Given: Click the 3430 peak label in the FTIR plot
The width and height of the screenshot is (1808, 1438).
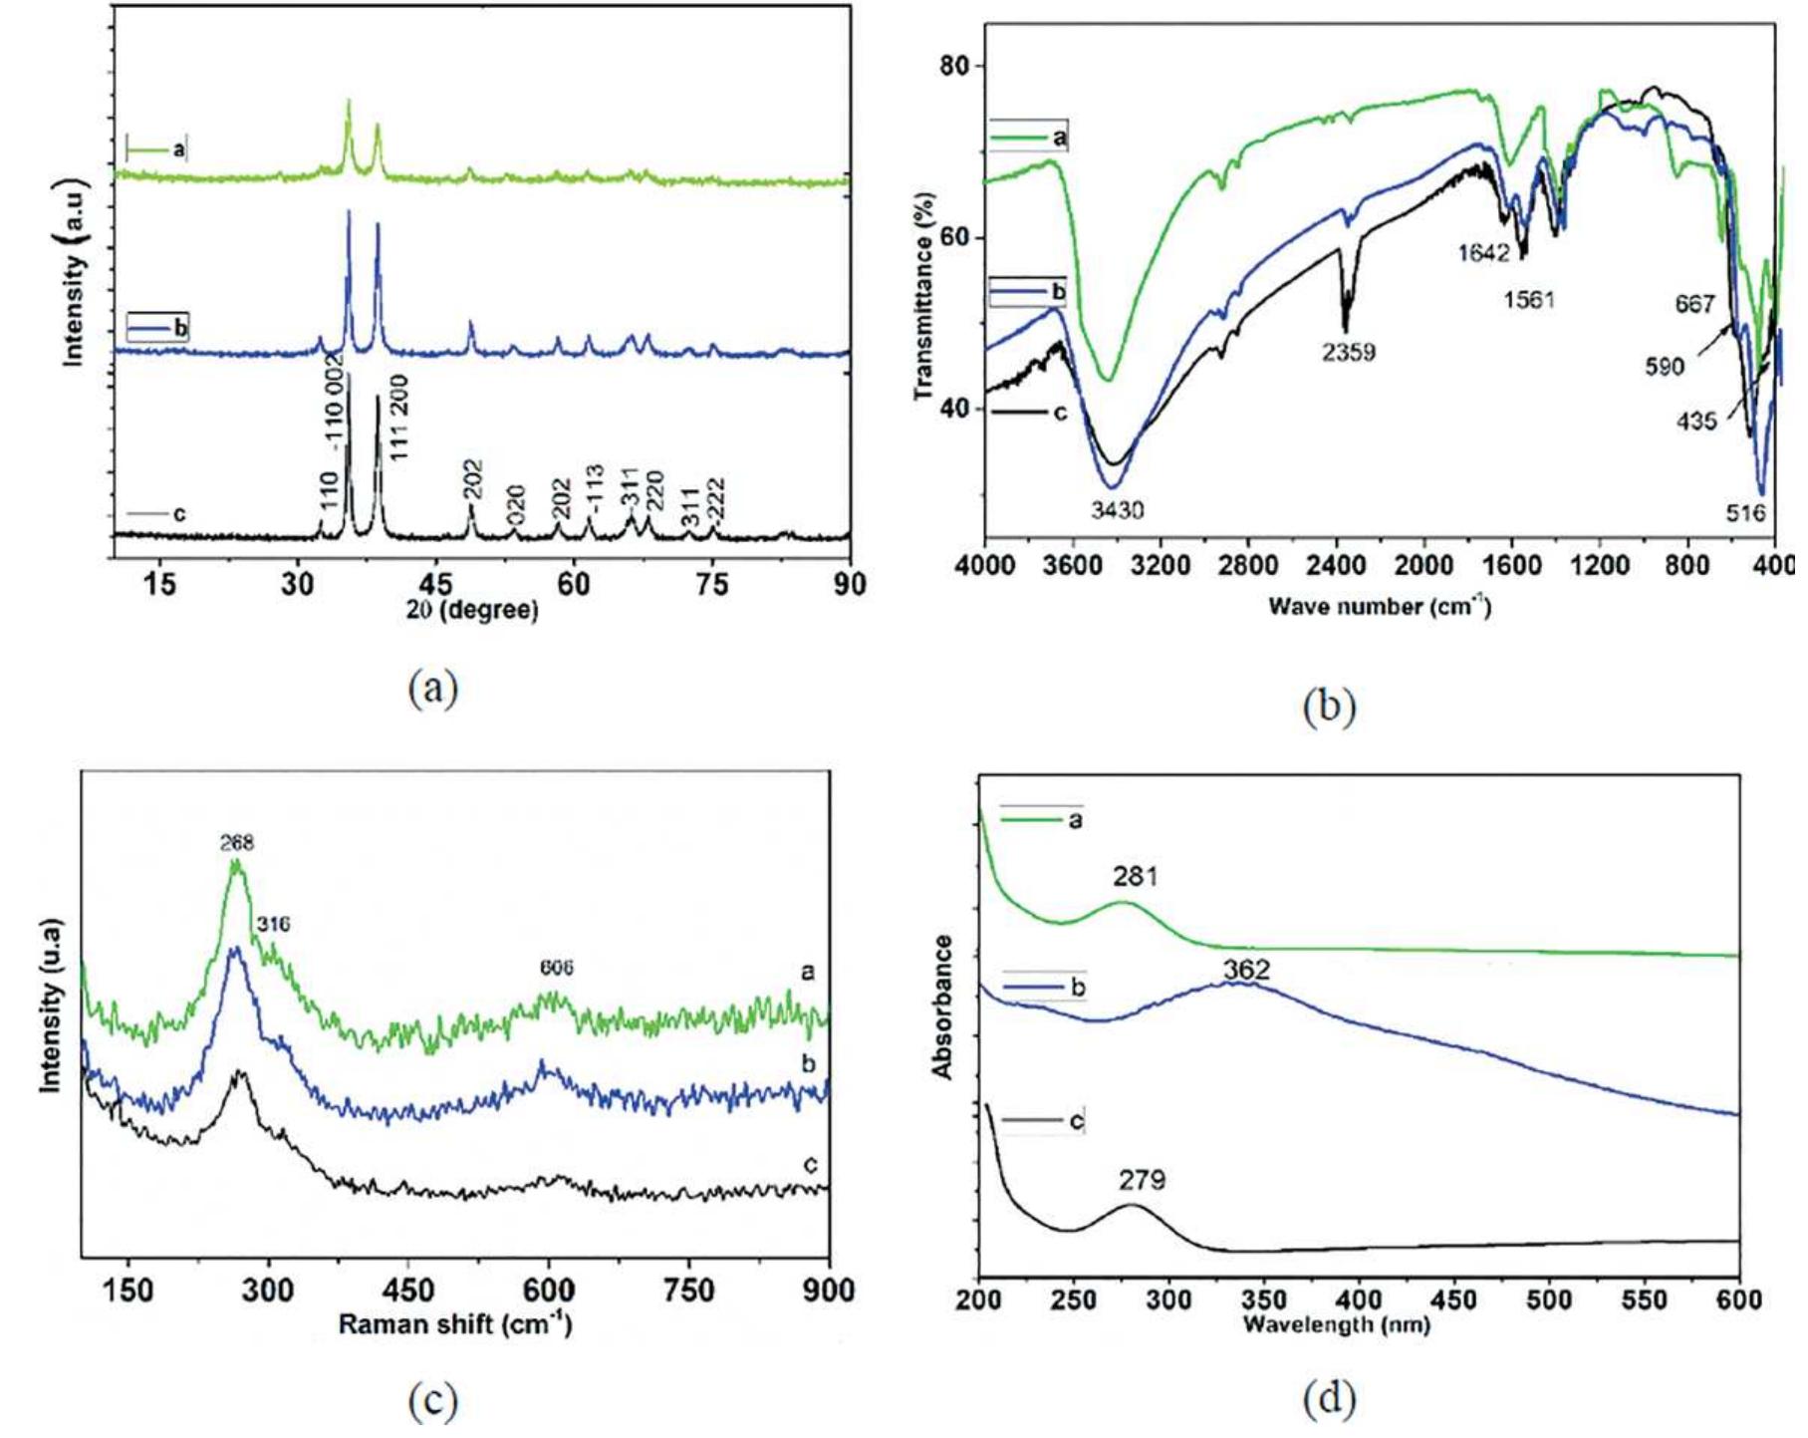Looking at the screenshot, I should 1117,510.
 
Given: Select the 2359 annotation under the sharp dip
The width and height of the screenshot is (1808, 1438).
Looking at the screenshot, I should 1349,351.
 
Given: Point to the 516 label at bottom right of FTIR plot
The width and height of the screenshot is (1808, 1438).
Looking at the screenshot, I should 1746,513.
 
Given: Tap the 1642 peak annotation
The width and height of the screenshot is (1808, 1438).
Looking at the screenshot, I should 1483,253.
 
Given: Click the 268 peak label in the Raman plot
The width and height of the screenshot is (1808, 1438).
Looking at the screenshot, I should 237,843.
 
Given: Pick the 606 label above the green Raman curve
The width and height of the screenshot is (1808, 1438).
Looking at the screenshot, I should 557,968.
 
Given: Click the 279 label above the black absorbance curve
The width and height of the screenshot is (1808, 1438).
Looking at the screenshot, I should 1142,1180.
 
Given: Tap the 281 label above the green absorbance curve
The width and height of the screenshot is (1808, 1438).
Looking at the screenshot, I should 1136,877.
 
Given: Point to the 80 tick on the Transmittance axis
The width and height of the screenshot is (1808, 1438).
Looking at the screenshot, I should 954,66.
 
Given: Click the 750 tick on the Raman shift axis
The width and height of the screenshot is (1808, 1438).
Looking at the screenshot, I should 689,1291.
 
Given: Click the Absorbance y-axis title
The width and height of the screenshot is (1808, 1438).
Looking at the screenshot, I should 942,1007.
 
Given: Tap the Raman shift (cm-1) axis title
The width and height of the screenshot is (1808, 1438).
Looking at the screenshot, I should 455,1324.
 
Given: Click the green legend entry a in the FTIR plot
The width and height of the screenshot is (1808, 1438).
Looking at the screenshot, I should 1030,136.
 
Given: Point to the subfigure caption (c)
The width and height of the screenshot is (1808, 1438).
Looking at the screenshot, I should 433,1401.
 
